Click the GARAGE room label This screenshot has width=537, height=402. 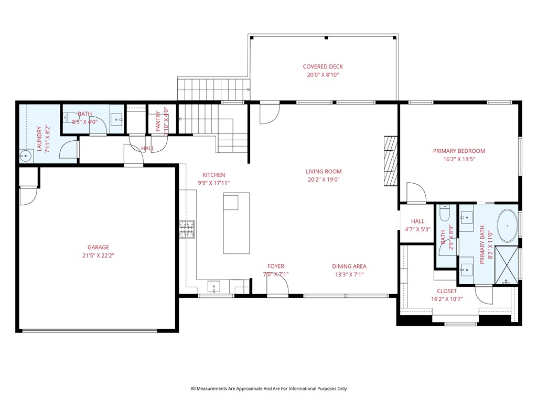click(x=98, y=248)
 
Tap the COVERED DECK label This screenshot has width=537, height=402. click(x=323, y=66)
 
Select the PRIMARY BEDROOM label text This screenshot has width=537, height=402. click(x=459, y=151)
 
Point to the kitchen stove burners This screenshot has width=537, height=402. click(x=186, y=230)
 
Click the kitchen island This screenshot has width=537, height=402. click(x=237, y=223)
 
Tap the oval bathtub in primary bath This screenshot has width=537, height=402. click(x=507, y=226)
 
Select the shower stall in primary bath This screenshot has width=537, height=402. click(x=507, y=264)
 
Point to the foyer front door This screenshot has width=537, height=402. click(x=277, y=286)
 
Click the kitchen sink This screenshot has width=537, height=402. click(x=214, y=286)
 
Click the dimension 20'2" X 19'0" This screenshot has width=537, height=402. click(x=324, y=180)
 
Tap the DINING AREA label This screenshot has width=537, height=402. click(x=349, y=266)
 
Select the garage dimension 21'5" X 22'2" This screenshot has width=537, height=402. click(x=98, y=256)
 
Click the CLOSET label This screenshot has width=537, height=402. click(x=446, y=291)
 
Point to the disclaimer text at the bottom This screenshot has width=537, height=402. click(x=268, y=389)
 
